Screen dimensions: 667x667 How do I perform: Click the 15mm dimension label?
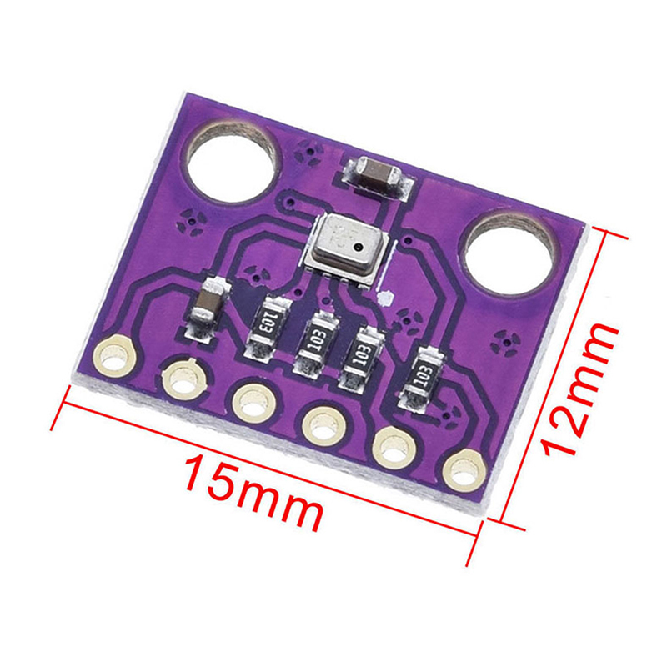(253, 492)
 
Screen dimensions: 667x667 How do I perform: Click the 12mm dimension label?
(578, 389)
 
